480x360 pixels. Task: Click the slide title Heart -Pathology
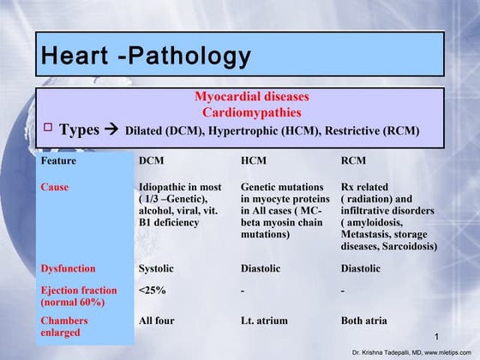pos(146,57)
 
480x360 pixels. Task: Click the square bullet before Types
pos(49,129)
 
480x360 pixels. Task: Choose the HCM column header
pos(254,160)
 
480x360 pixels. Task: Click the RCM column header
pos(354,160)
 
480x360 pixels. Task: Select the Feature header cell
pos(58,160)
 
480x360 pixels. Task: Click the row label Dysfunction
pos(69,268)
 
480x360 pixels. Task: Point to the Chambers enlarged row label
pos(64,327)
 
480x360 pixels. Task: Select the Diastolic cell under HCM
pos(261,268)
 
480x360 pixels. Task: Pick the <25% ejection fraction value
pos(151,290)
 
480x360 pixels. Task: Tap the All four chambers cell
pos(156,321)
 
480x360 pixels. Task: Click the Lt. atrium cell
pos(267,321)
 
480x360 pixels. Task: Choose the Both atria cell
pos(363,321)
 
